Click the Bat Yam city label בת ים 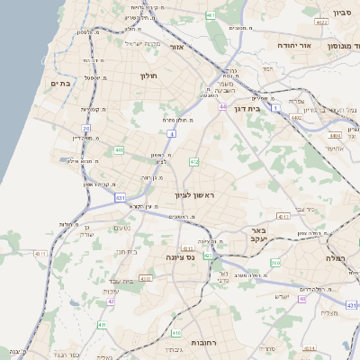point(60,84)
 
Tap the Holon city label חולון point(148,76)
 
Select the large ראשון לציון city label point(194,195)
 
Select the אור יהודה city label point(292,45)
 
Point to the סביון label point(342,13)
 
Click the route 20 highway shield point(86,129)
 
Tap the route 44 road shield point(221,106)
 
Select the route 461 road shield point(211,16)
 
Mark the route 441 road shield point(119,150)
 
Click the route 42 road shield point(111,301)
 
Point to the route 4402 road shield point(297,117)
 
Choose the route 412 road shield point(193,162)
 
